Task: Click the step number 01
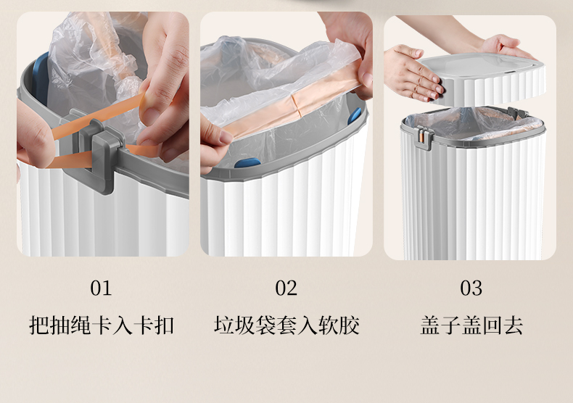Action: [101, 288]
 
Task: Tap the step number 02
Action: [286, 288]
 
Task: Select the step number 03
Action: [471, 288]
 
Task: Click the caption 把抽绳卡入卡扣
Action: [102, 325]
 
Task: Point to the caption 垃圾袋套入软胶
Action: [286, 325]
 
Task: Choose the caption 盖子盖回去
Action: [471, 325]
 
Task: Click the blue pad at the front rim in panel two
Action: [247, 163]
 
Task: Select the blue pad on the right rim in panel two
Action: [354, 116]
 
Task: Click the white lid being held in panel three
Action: [482, 78]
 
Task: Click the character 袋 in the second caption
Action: [265, 325]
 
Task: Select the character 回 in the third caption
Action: [492, 325]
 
